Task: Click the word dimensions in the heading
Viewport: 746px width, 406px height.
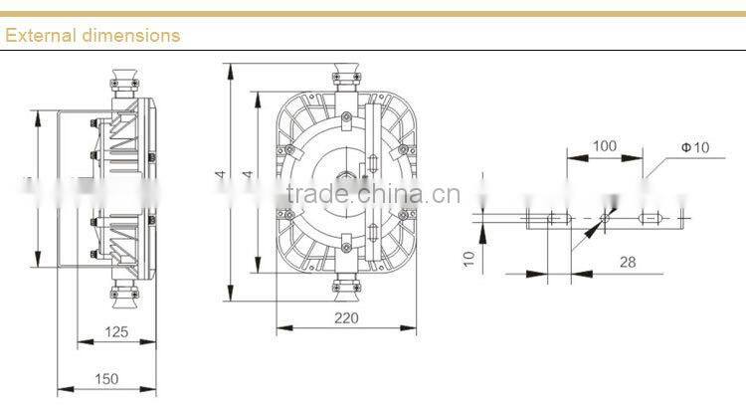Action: coord(127,35)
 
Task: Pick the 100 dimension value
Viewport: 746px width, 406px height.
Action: coord(604,145)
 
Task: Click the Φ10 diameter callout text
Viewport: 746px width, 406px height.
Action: coord(694,146)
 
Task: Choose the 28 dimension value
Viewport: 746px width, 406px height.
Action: coord(627,262)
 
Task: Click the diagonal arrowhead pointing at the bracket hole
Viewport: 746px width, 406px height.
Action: coord(601,225)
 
